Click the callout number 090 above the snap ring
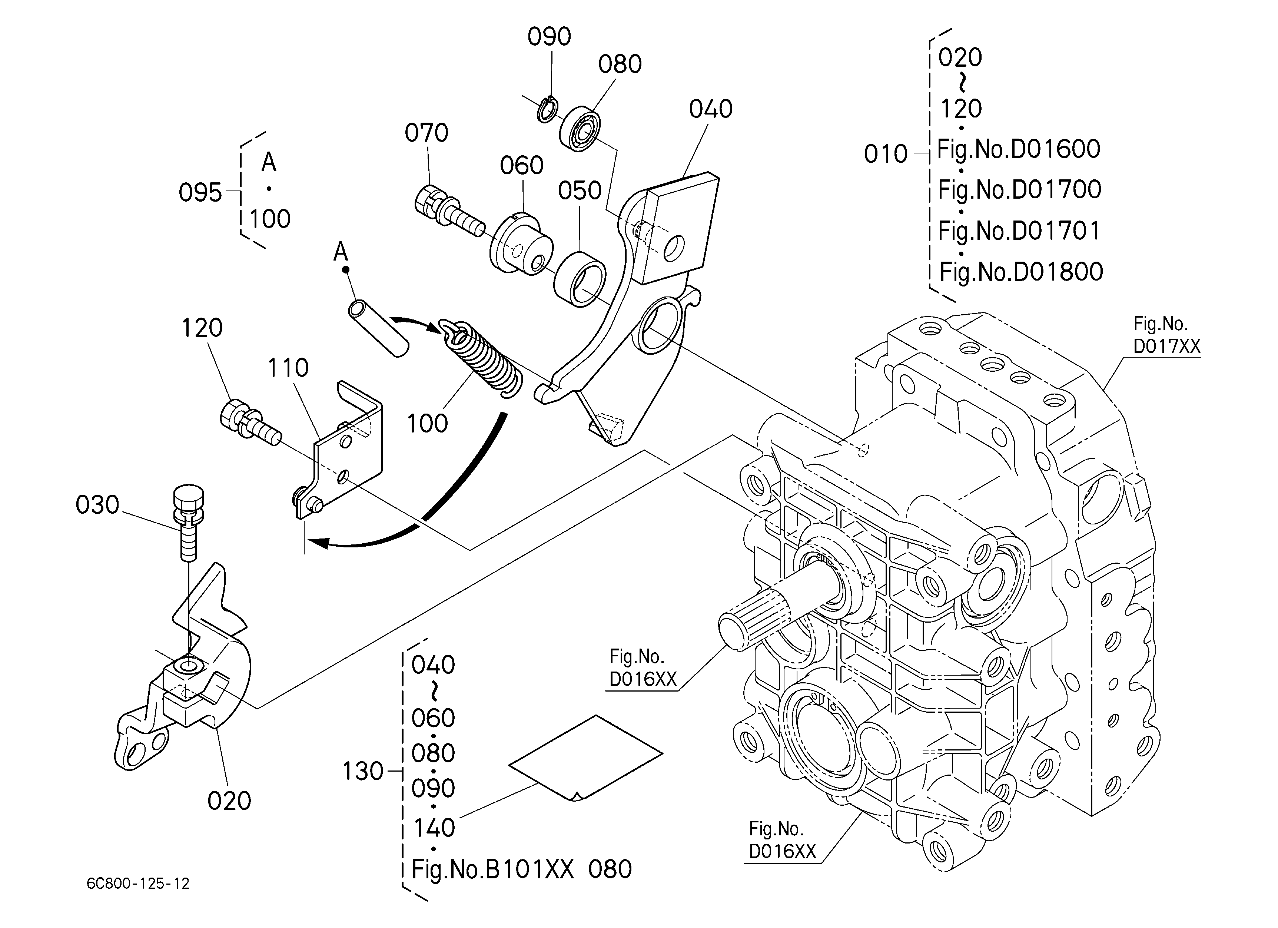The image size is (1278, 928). [550, 37]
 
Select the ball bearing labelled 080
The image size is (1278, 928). [580, 129]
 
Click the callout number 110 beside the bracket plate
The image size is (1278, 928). [288, 368]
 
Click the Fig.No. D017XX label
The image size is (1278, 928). [1166, 335]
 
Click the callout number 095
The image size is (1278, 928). [200, 193]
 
